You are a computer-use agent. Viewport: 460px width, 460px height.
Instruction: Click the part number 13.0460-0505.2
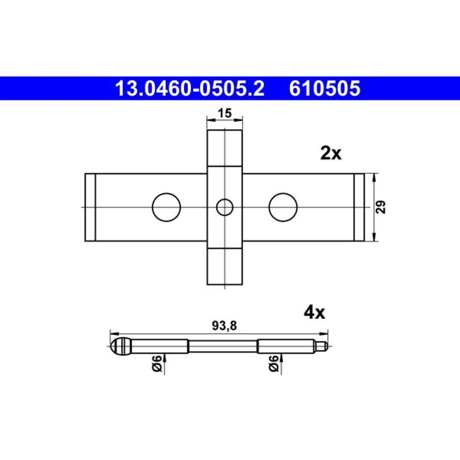tap(189, 88)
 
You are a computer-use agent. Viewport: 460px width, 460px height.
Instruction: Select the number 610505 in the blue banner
tap(325, 88)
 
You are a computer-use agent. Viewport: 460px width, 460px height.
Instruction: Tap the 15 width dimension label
tap(225, 113)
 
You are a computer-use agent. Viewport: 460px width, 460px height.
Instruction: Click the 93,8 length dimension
tap(224, 326)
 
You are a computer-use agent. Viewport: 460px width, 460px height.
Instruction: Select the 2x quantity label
tap(331, 154)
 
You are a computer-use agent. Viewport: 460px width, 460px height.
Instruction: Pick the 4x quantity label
tap(314, 313)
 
